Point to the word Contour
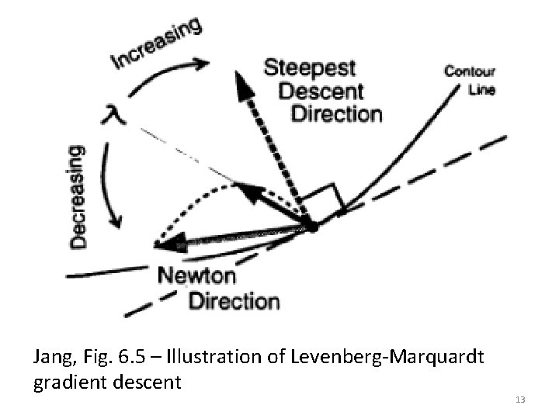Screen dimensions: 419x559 coord(469,72)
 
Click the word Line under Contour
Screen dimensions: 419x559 coord(481,88)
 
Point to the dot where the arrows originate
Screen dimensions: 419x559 coord(313,226)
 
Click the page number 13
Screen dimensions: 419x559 coord(519,399)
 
